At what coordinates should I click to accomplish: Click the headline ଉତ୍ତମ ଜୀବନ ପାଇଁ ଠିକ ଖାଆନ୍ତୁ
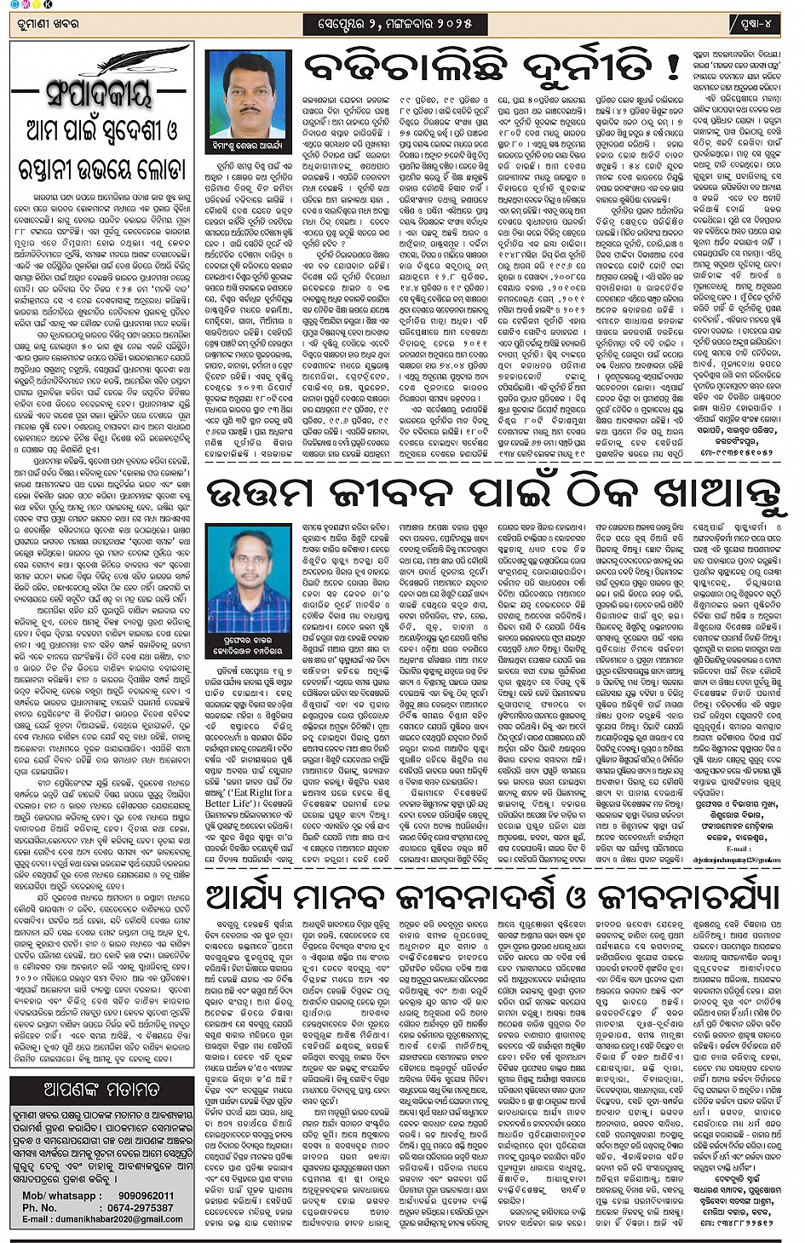point(494,495)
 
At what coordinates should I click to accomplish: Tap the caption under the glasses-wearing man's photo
point(249,644)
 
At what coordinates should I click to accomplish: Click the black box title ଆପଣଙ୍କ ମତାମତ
point(101,1089)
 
